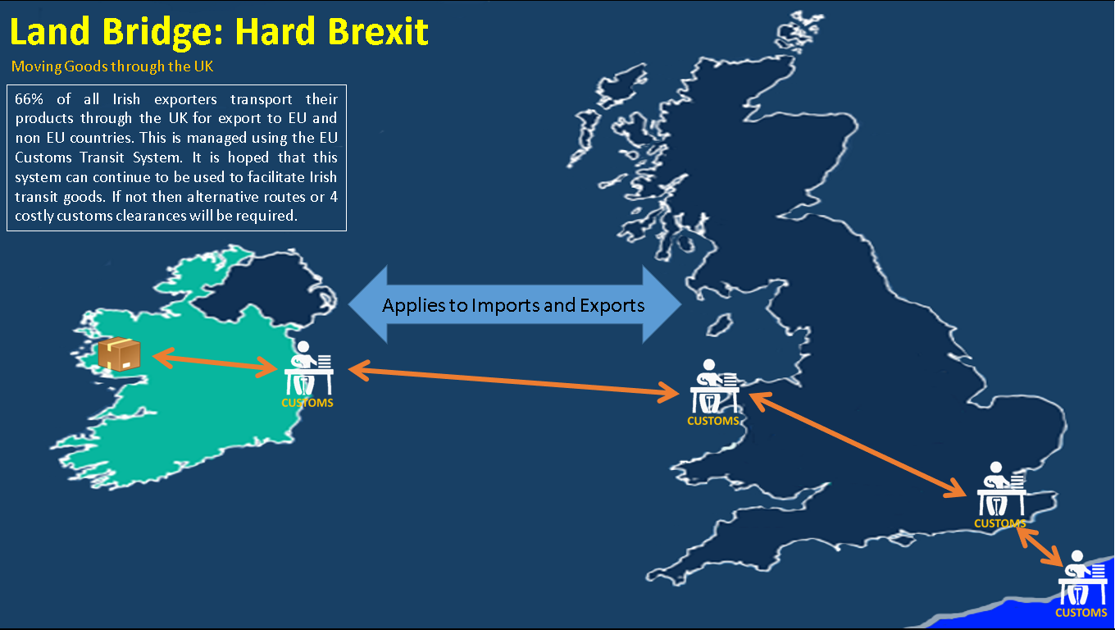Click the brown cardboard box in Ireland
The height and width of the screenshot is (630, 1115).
pyautogui.click(x=119, y=354)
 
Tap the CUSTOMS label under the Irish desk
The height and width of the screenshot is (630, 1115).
pyautogui.click(x=307, y=403)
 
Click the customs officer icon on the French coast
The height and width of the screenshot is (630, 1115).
pyautogui.click(x=1082, y=577)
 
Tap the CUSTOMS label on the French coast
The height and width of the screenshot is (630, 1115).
pyautogui.click(x=1081, y=613)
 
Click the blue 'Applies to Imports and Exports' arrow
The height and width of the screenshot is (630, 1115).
pyautogui.click(x=515, y=305)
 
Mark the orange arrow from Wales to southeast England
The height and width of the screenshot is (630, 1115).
pyautogui.click(x=857, y=444)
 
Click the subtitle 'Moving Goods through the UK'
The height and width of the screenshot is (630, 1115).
pyautogui.click(x=112, y=66)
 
